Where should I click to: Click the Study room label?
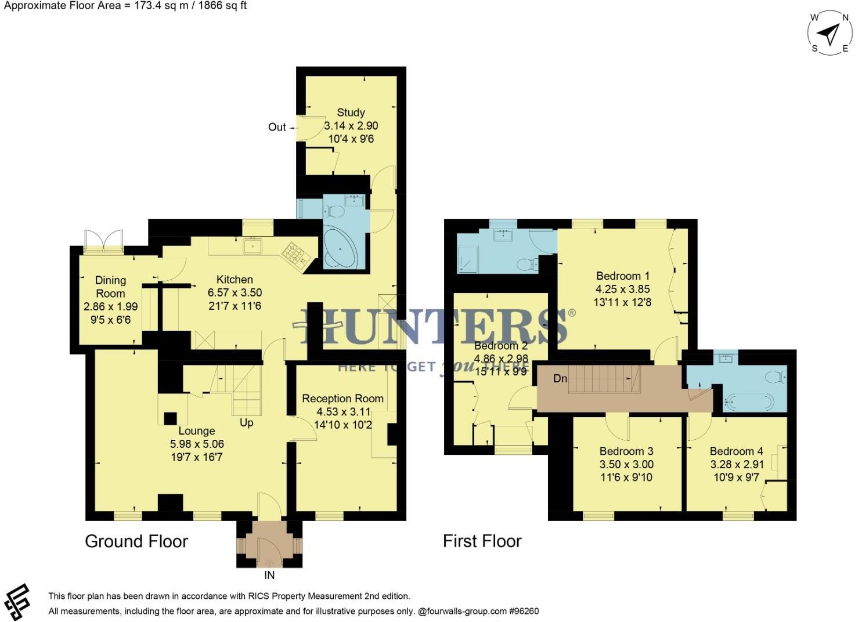pos(351,113)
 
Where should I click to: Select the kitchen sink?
pos(253,246)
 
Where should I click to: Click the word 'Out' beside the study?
pos(277,127)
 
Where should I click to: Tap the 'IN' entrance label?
pos(269,575)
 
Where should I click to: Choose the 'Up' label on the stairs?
pos(246,422)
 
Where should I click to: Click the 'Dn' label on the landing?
pos(560,379)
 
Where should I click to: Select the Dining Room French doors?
pos(104,240)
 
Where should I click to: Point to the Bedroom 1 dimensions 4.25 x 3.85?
pos(622,289)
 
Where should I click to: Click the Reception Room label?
pos(342,399)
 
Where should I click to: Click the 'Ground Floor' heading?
pos(136,541)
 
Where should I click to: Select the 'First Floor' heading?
pos(482,541)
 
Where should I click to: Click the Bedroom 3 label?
pos(626,451)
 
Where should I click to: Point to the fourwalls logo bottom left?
pos(16,602)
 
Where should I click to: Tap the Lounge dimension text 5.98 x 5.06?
pos(197,444)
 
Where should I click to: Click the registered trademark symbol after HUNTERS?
pos(572,313)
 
